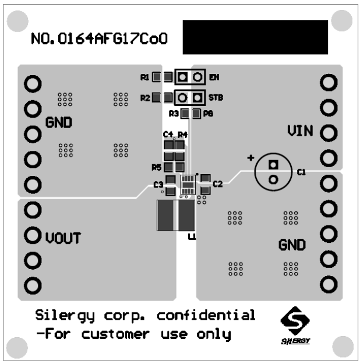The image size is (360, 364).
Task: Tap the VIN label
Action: click(300, 131)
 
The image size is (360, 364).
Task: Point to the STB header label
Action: click(216, 97)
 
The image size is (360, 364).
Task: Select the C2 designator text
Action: click(218, 184)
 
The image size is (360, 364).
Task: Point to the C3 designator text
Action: click(158, 185)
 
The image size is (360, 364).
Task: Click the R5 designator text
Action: click(156, 168)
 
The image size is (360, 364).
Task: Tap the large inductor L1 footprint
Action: click(175, 215)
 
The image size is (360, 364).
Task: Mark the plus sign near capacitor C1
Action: click(251, 158)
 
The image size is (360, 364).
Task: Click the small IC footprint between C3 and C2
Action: click(188, 184)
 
